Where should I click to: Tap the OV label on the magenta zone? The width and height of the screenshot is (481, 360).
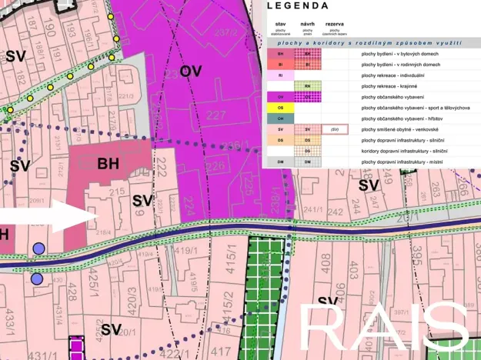click(x=191, y=72)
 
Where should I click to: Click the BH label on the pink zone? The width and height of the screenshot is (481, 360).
click(x=109, y=164)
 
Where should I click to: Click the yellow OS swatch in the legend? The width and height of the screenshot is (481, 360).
click(x=280, y=108)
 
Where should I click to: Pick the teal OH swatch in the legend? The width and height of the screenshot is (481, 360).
click(x=280, y=119)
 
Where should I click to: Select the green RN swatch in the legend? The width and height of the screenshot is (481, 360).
click(x=308, y=87)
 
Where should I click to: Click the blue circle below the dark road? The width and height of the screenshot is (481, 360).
click(x=37, y=279)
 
